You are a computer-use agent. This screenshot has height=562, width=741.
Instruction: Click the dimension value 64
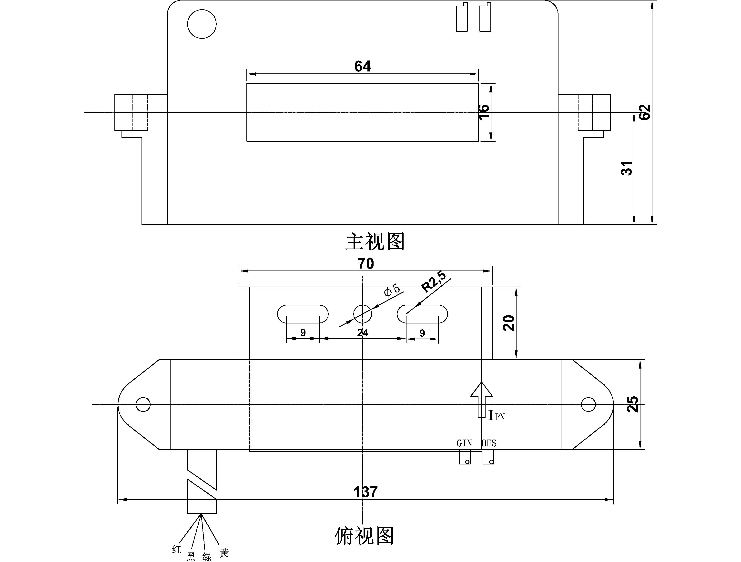click(x=363, y=66)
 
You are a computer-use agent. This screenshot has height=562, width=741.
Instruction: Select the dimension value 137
click(x=365, y=492)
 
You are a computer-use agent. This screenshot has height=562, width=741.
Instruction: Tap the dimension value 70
click(x=365, y=264)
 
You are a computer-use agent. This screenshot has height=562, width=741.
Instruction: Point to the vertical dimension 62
click(x=645, y=112)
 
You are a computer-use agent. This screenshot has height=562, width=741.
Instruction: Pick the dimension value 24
click(x=363, y=332)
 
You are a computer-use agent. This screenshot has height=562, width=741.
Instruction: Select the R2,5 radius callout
click(x=434, y=282)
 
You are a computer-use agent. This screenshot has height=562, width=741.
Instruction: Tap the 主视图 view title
click(x=375, y=241)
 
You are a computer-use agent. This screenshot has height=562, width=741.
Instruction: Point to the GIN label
click(x=464, y=443)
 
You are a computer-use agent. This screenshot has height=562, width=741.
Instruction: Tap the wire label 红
click(x=177, y=549)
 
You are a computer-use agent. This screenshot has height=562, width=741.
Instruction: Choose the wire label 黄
click(x=224, y=553)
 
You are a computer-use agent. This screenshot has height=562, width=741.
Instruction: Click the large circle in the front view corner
click(x=202, y=24)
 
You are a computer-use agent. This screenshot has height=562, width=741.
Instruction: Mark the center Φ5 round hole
click(x=363, y=314)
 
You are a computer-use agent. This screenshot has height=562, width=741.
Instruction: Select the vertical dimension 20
click(x=509, y=323)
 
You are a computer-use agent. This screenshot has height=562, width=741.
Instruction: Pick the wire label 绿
click(x=207, y=557)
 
